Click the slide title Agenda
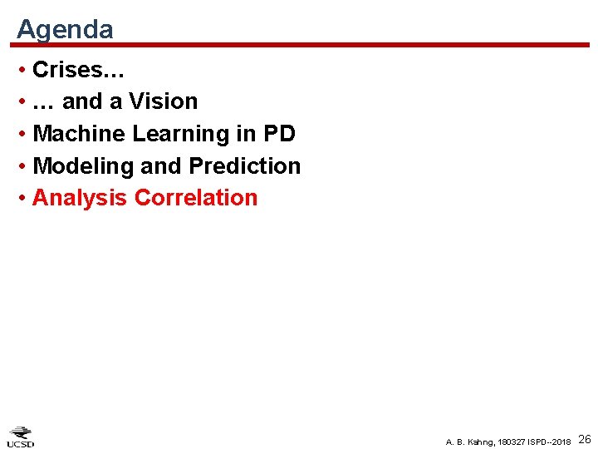pos(65,29)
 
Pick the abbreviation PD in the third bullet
pos(277,134)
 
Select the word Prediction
pos(245,166)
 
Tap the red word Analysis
pos(80,198)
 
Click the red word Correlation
pos(196,198)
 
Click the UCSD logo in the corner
pos(22,437)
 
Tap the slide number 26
pos(584,439)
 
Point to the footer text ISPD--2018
pos(549,441)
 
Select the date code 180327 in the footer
pos(512,441)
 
